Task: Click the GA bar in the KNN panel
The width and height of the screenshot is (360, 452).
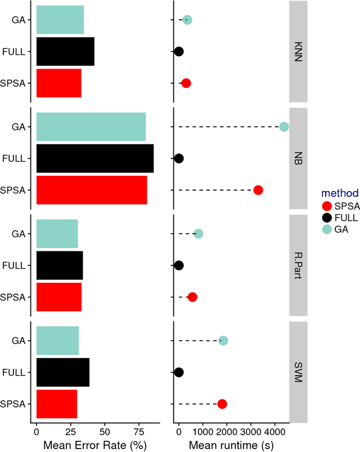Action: point(60,20)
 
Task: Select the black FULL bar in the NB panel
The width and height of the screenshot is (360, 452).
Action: point(95,159)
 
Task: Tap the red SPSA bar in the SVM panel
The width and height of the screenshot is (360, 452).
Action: point(57,404)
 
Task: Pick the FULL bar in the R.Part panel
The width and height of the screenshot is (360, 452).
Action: point(60,265)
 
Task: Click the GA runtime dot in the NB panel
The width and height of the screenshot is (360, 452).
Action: point(284,127)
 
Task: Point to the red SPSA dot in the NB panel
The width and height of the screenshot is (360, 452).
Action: point(258,190)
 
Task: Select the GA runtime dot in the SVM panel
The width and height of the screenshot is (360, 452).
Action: point(223,341)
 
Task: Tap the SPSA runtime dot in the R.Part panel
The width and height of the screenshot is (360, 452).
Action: point(192,297)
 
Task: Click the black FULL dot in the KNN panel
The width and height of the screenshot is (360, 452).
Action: point(179,52)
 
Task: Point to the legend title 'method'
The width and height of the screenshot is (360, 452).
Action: point(328,193)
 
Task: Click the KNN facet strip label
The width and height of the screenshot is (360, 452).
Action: point(298,51)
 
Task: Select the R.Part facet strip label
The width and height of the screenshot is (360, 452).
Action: point(298,265)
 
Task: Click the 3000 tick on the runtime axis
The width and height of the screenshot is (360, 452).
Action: point(251,433)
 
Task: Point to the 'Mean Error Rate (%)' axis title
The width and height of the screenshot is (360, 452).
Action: point(94,445)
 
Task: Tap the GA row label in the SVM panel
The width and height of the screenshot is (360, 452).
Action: point(19,341)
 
